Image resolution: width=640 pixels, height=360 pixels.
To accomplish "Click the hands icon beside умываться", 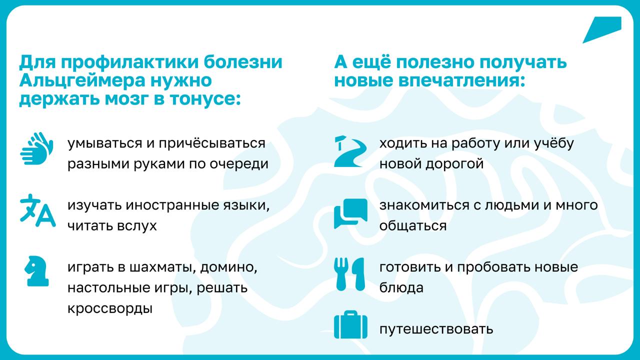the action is [x=36, y=148].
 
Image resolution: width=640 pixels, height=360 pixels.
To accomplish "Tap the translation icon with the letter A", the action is [x=37, y=210].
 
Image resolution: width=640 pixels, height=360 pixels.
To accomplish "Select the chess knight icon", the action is [x=37, y=271].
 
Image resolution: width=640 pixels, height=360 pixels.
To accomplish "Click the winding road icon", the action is [x=350, y=151].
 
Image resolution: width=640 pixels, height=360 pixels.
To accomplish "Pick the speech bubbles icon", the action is [x=350, y=213].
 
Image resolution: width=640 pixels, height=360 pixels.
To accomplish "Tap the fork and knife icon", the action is [x=349, y=274].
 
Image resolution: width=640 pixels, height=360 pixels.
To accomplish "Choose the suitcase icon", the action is [x=350, y=324].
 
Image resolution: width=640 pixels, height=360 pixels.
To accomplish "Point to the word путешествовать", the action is [x=436, y=329].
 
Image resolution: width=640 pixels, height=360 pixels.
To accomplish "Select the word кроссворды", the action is [x=110, y=308].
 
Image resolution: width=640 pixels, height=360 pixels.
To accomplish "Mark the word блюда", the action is [x=401, y=287].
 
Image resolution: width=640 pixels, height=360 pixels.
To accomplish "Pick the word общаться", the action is [x=413, y=226].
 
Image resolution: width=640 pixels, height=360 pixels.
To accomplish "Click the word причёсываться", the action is [x=211, y=143].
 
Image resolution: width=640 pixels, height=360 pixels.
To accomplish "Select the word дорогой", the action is [x=454, y=164].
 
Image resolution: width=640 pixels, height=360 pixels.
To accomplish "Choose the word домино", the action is [x=228, y=267].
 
